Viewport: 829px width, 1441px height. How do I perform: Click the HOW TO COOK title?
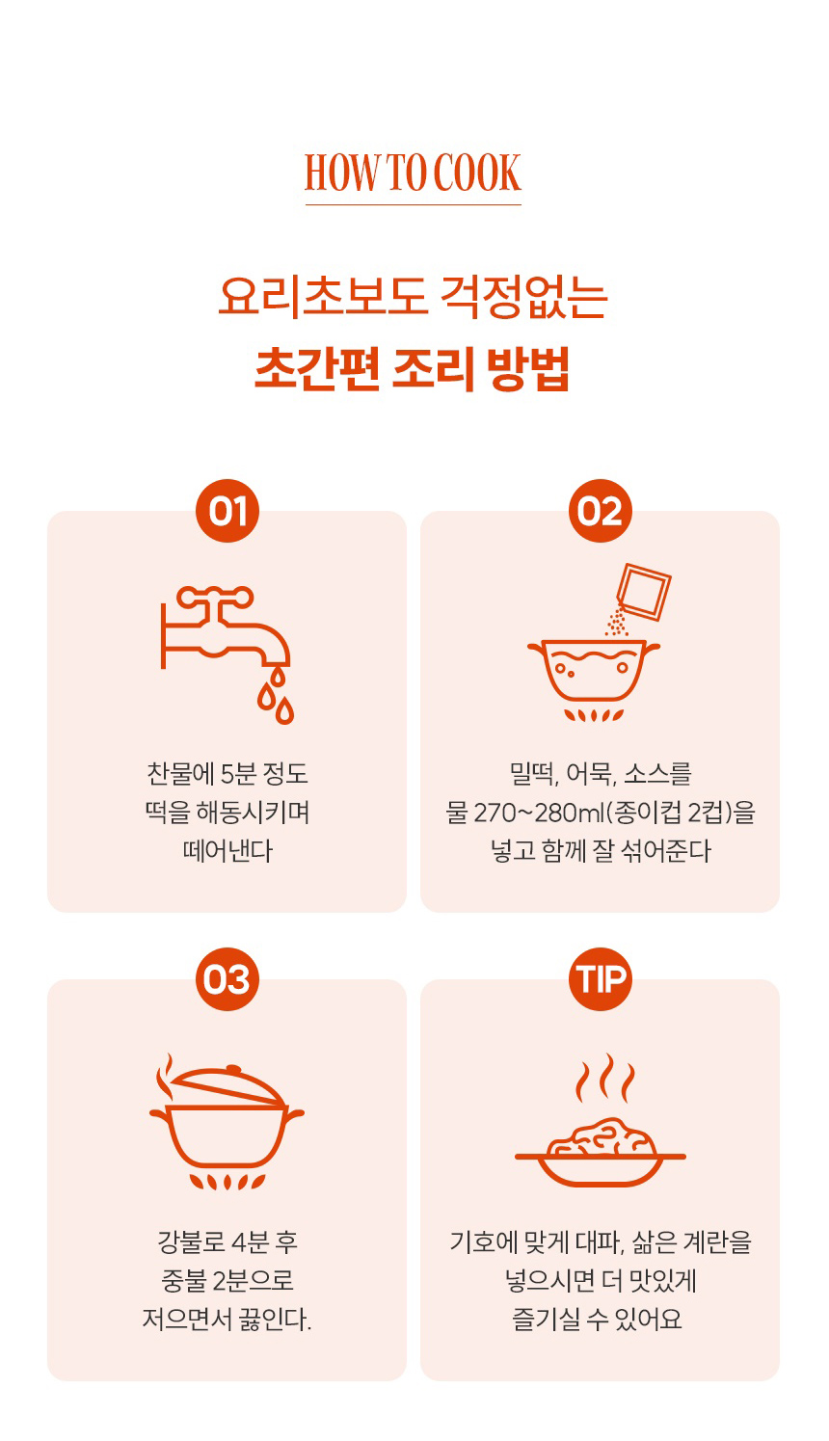click(413, 173)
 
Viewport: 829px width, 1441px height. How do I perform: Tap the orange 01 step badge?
click(227, 511)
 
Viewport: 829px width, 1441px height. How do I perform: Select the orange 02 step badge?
click(600, 511)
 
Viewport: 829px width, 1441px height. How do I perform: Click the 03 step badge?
click(227, 979)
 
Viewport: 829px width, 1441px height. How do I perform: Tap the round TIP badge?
click(600, 979)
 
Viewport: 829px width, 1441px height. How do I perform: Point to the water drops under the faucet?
click(277, 697)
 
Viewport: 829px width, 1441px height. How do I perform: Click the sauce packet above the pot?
click(643, 592)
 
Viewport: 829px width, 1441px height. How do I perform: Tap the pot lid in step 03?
click(228, 1086)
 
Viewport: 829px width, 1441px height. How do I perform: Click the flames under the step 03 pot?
click(227, 1182)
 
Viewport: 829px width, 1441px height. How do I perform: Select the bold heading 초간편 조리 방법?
click(413, 369)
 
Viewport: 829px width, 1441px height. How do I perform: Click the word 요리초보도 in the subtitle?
click(322, 298)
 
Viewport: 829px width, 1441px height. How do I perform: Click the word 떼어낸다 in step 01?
click(227, 851)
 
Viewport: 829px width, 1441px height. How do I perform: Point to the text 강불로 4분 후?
click(227, 1242)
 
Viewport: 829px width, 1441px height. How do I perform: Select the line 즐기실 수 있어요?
click(597, 1321)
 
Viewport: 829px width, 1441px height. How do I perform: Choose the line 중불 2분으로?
click(227, 1281)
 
